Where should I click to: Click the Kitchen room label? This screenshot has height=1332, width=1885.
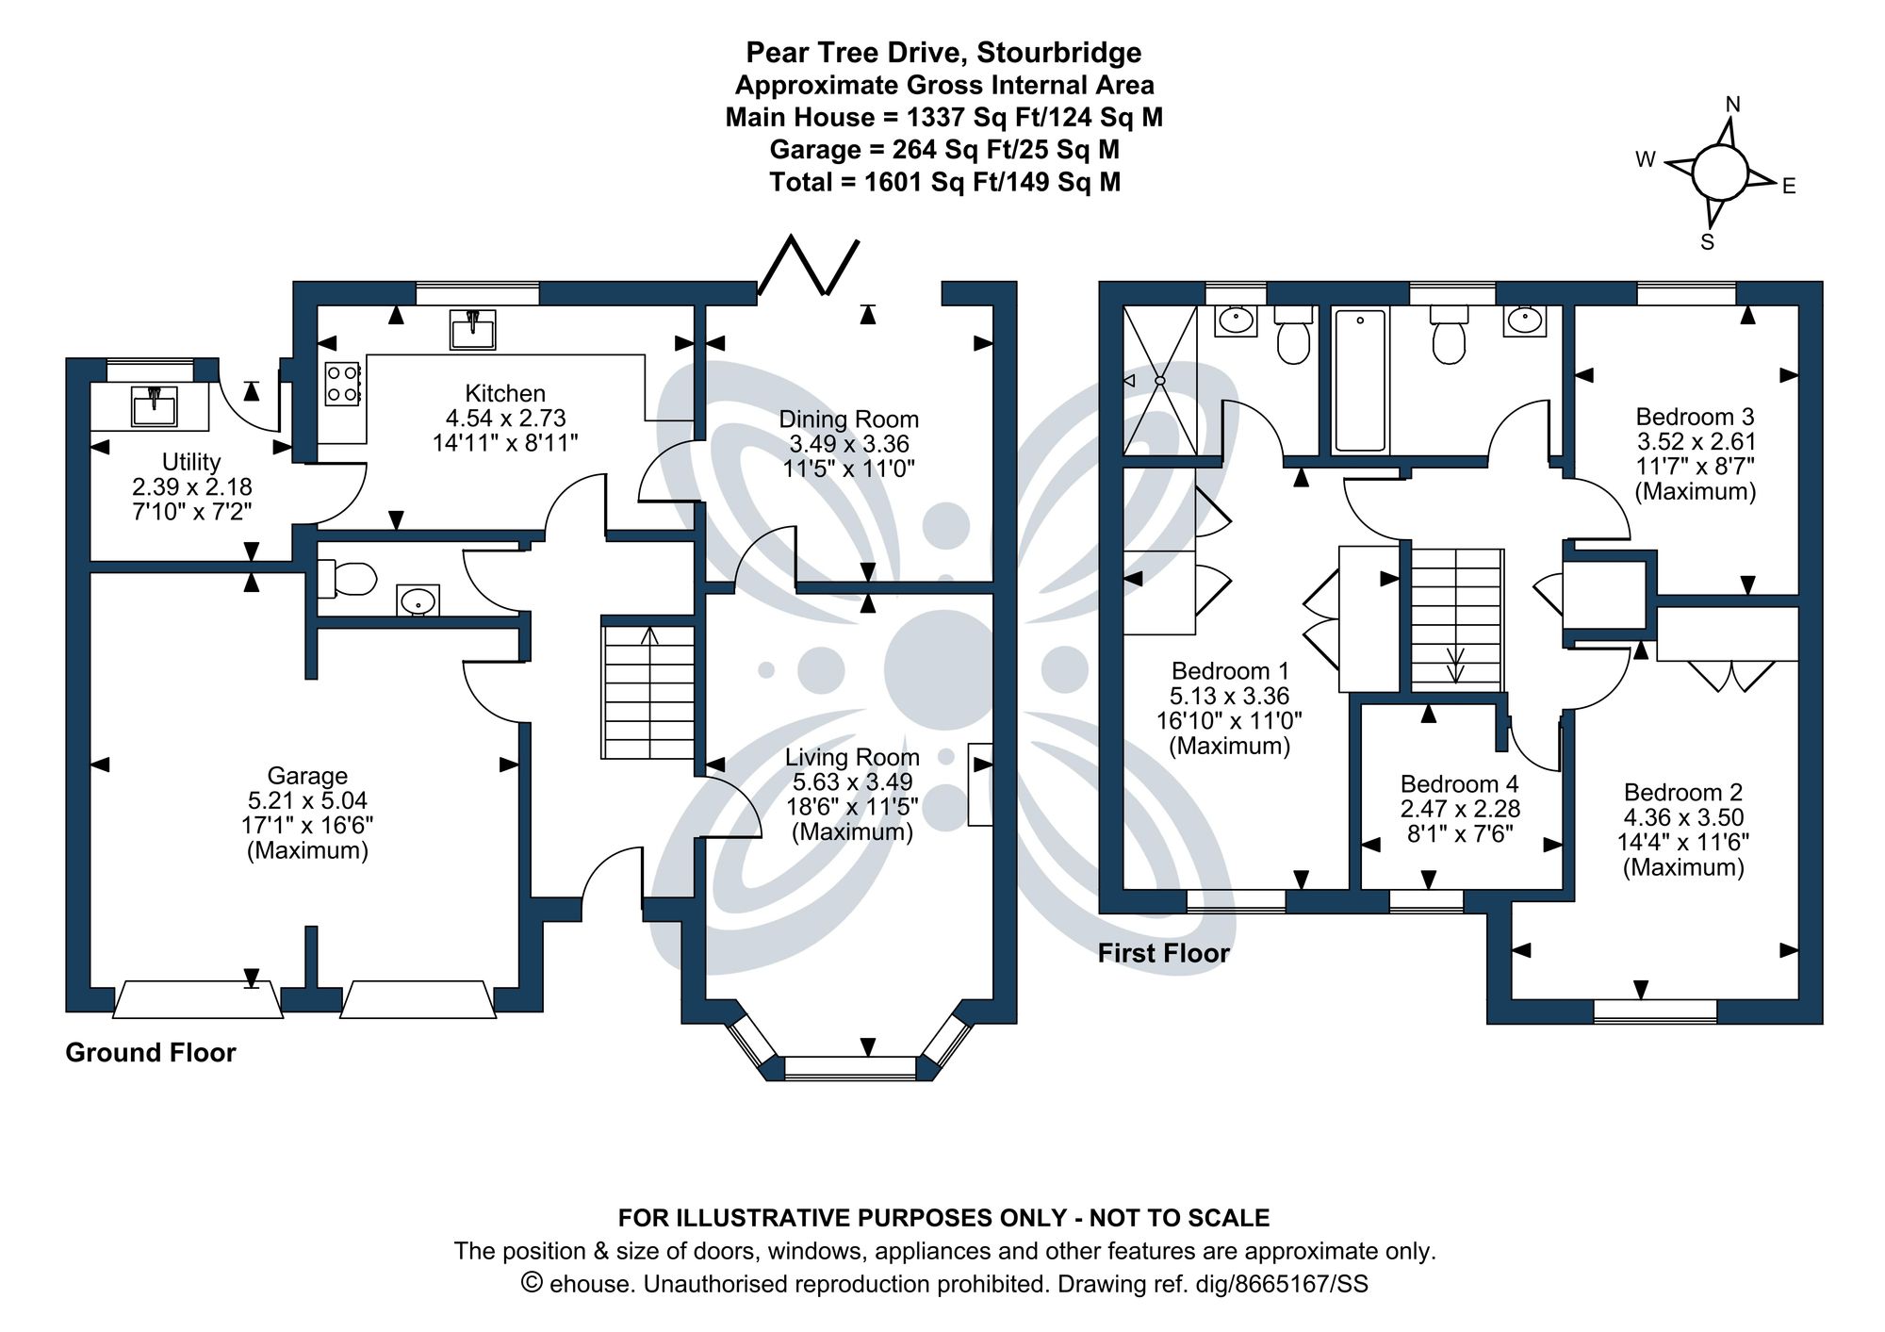[505, 393]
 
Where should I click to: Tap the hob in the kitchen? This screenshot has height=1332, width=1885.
[341, 384]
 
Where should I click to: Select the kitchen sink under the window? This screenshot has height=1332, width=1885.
[472, 329]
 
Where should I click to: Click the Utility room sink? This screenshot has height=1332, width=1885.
[154, 407]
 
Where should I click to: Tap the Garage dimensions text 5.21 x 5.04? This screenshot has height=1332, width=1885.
[307, 800]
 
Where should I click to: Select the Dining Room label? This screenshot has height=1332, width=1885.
[848, 419]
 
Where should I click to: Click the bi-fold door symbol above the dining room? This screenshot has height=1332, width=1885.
[809, 267]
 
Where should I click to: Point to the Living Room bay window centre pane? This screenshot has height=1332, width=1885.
[850, 1066]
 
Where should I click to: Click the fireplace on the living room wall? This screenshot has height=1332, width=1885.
[980, 784]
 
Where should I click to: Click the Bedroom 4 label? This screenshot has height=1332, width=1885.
[1459, 784]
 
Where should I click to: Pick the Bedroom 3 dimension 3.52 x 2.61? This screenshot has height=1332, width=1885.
[1696, 441]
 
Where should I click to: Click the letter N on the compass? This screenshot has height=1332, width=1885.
[1732, 105]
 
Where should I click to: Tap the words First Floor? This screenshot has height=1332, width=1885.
[1163, 953]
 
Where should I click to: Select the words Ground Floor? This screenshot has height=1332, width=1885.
[151, 1052]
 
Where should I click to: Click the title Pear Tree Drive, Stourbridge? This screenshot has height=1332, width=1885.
[943, 53]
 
